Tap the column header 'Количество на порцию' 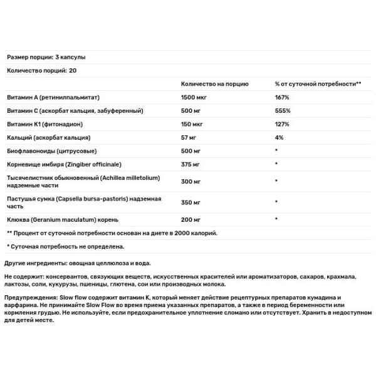tap(214, 84)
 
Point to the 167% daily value tap(282, 97)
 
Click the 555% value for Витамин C tap(282, 111)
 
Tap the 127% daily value tap(282, 124)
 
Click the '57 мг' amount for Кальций tap(189, 138)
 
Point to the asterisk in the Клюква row tap(276, 220)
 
